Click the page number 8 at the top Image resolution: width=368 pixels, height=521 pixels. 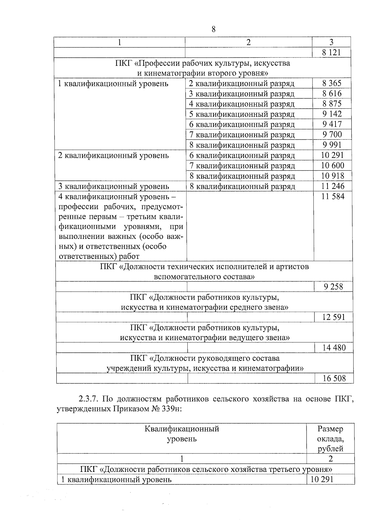tap(213, 29)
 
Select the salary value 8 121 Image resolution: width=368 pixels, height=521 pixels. tap(331, 52)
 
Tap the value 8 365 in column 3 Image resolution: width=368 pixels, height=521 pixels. tap(332, 83)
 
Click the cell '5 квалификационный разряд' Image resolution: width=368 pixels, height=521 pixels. tap(242, 114)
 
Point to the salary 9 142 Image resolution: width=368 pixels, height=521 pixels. tap(332, 114)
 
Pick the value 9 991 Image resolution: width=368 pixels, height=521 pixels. tap(332, 145)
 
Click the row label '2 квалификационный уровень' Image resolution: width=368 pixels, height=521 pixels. tap(113, 155)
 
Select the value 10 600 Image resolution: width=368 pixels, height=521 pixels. tap(332, 165)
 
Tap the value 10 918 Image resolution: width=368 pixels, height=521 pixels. tap(332, 176)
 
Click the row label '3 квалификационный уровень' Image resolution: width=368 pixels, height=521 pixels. tap(113, 186)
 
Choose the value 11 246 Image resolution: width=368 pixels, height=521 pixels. tap(333, 186)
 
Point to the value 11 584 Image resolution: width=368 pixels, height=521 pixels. tap(333, 196)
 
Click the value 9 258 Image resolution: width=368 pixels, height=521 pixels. tap(333, 287)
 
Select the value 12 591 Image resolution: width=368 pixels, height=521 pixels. tap(333, 317)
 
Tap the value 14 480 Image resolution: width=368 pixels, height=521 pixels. tap(334, 348)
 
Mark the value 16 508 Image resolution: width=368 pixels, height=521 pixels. tap(334, 378)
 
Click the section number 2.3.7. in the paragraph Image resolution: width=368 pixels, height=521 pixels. tap(88, 399)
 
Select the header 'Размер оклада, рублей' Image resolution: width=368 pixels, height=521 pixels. tap(330, 438)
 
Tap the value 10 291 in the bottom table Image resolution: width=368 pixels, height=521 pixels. tap(322, 480)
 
